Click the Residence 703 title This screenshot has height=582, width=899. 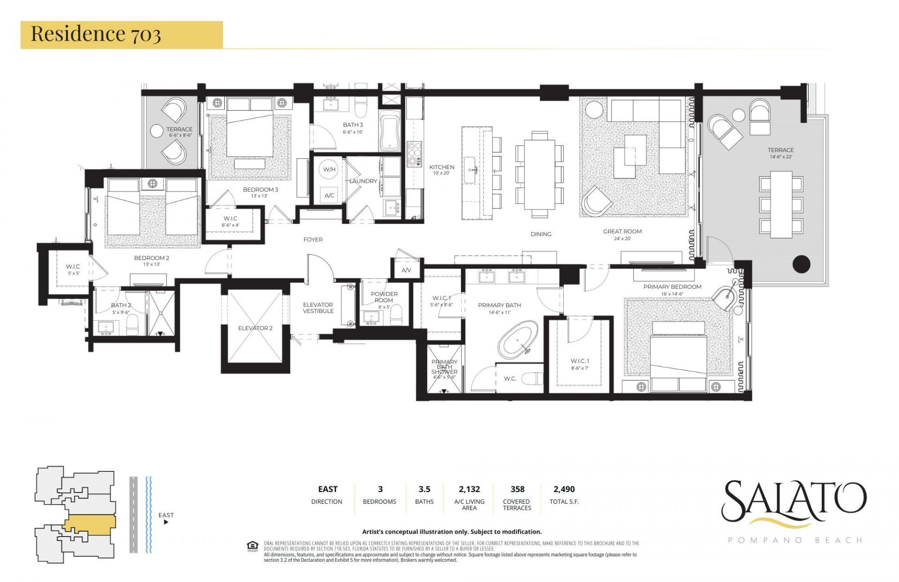(96, 34)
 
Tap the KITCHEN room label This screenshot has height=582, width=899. (442, 167)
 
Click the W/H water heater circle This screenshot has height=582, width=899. (329, 169)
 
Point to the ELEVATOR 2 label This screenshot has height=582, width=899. (255, 328)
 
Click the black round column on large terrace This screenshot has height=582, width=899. (801, 264)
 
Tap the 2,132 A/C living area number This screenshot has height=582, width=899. (469, 489)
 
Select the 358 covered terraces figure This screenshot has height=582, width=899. (517, 489)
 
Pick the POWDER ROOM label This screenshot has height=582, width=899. (384, 297)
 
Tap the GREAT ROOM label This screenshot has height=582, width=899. (622, 231)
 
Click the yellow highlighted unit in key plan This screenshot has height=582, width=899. (89, 523)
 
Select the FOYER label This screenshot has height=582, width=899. (313, 239)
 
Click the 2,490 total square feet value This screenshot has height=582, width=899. (564, 489)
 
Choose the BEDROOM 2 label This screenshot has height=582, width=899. (151, 258)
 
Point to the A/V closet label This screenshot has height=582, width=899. (406, 270)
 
